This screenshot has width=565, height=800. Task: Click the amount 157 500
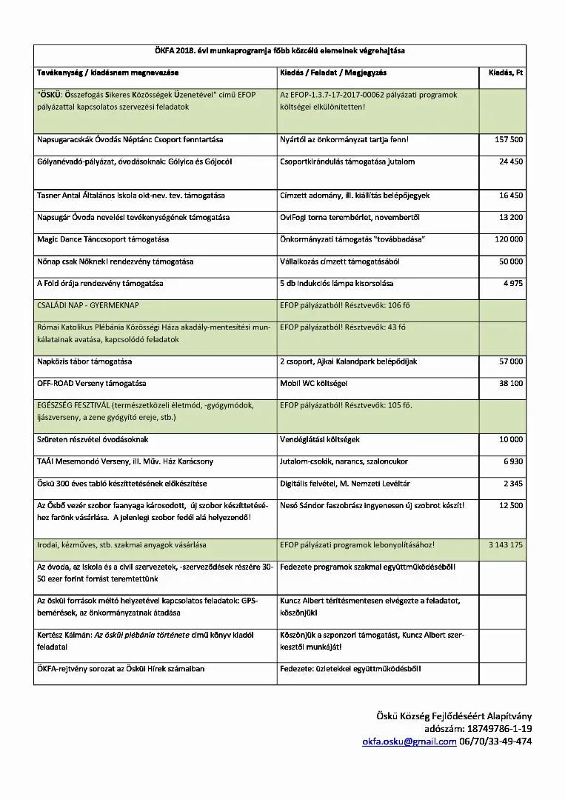pos(509,139)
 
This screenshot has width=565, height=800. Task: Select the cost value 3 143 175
pos(506,544)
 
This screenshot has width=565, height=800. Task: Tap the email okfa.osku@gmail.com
pos(409,741)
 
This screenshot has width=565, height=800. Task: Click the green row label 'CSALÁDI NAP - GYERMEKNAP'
pos(88,305)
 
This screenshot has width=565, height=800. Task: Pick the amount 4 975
pos(512,283)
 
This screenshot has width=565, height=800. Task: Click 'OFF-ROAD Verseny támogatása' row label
pos(92,383)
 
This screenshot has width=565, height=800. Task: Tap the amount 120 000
pos(509,239)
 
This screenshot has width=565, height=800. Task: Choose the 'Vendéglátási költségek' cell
pos(320,439)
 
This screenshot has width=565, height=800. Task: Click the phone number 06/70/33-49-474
pos(495,741)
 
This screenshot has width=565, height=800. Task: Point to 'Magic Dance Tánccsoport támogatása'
pos(103,239)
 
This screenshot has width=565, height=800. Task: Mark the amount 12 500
pos(511,505)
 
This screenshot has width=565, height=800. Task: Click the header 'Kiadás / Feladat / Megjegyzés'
pos(333,73)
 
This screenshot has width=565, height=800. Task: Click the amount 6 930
pos(513,461)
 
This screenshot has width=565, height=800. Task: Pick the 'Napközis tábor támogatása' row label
pos(84,361)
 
